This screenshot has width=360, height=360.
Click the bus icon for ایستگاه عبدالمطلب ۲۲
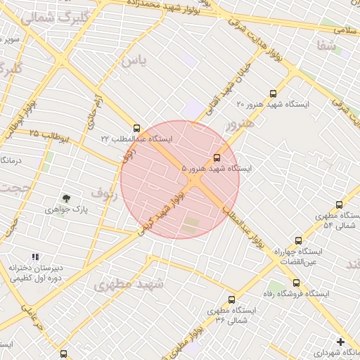coord(136,129)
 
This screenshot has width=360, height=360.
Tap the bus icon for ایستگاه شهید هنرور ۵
coord(217,157)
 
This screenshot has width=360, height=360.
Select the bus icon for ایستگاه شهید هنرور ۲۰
coord(273,94)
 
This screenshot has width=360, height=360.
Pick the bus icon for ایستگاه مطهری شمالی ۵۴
coord(340,205)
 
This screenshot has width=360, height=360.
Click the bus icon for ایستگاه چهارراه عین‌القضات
coord(298,240)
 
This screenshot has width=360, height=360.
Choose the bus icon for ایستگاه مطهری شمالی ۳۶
coord(231,300)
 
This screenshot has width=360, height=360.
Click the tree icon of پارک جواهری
coord(66,199)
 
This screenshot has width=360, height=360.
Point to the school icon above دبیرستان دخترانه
coord(36,257)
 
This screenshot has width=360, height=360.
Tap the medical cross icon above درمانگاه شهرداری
coord(340,342)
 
